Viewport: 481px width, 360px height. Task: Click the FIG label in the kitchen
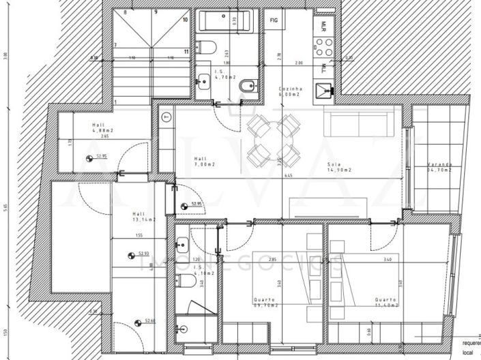pyautogui.click(x=274, y=20)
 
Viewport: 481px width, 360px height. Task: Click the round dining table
pyautogui.click(x=274, y=140)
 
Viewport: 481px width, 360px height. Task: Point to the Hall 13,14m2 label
pyautogui.click(x=143, y=216)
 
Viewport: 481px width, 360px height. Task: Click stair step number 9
pyautogui.click(x=156, y=12)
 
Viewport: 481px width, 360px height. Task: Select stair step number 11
pyautogui.click(x=186, y=51)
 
